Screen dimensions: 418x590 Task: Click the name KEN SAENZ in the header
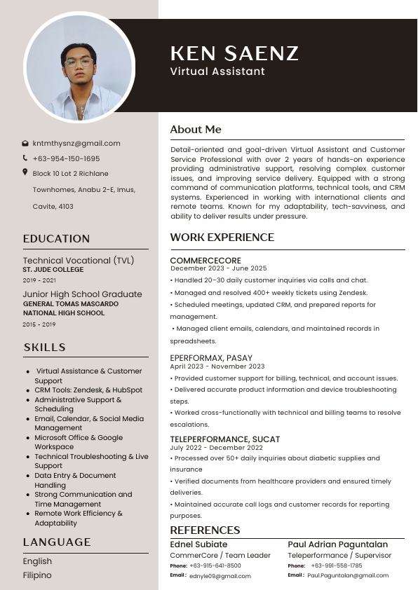coord(234,53)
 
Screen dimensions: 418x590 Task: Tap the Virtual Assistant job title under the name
coord(217,71)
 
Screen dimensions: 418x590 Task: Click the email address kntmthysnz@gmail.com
coord(76,143)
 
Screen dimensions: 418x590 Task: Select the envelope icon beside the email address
coord(25,143)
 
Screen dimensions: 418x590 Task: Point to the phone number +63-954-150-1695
coord(66,158)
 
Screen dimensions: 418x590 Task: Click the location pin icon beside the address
coord(25,172)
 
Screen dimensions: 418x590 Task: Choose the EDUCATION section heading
coord(56,239)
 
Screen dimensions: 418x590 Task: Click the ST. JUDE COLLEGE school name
coord(53,270)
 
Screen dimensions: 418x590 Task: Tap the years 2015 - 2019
coord(39,324)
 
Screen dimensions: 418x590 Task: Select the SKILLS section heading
coord(44,348)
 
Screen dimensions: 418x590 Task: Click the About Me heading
coord(196,130)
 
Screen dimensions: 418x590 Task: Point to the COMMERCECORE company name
coord(205,261)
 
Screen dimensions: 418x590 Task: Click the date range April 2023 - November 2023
coord(217,366)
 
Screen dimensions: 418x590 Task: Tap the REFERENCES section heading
coord(205,530)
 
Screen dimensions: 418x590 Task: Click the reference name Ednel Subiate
coord(198,544)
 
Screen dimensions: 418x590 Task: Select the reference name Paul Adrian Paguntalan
coord(337,544)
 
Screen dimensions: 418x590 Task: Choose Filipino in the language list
coord(37,575)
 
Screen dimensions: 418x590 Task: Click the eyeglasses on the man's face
coord(79,62)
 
